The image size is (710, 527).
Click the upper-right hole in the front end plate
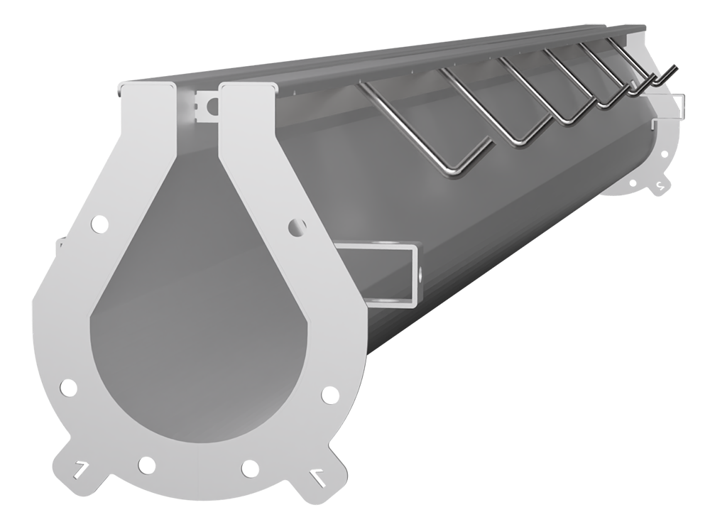coord(297,226)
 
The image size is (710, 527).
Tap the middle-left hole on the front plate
coord(67,388)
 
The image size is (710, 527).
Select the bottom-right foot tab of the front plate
coord(317,477)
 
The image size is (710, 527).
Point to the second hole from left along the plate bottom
coord(146,466)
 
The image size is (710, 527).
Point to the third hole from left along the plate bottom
coord(248,468)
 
